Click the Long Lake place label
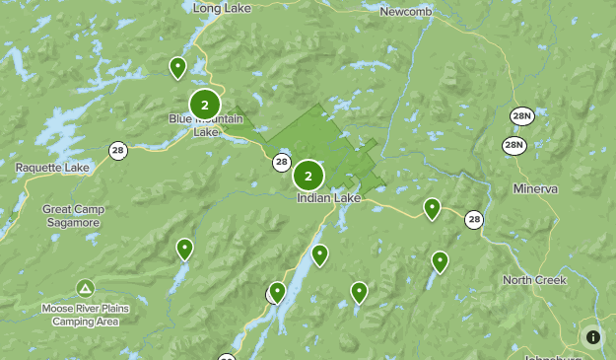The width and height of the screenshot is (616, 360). coord(221,8)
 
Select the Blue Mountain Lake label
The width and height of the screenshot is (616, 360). coord(205,125)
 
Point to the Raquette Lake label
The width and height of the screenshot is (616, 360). coord(52,168)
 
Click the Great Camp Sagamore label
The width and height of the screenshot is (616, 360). coord(70,216)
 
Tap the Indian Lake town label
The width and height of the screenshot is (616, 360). coord(329,197)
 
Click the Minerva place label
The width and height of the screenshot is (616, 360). coord(535,187)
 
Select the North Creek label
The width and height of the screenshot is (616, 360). coord(535,280)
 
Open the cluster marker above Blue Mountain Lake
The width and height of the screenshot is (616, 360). coord(205,104)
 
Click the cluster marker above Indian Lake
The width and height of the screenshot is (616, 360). coord(308,176)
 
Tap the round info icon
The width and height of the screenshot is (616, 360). coord(592,337)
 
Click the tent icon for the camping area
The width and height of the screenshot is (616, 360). coord(85,289)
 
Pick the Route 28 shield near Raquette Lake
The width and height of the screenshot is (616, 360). coord(118,150)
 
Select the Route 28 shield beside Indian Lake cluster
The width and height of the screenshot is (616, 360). coord(282,162)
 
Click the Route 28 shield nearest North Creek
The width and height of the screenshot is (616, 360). coord(475,220)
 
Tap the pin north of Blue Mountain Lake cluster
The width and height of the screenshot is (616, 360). coord(177,67)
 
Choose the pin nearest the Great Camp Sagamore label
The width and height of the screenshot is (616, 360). coord(184,249)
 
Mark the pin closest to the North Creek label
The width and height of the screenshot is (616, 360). coord(440,261)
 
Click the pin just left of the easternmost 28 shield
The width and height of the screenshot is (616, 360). coord(432,208)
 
